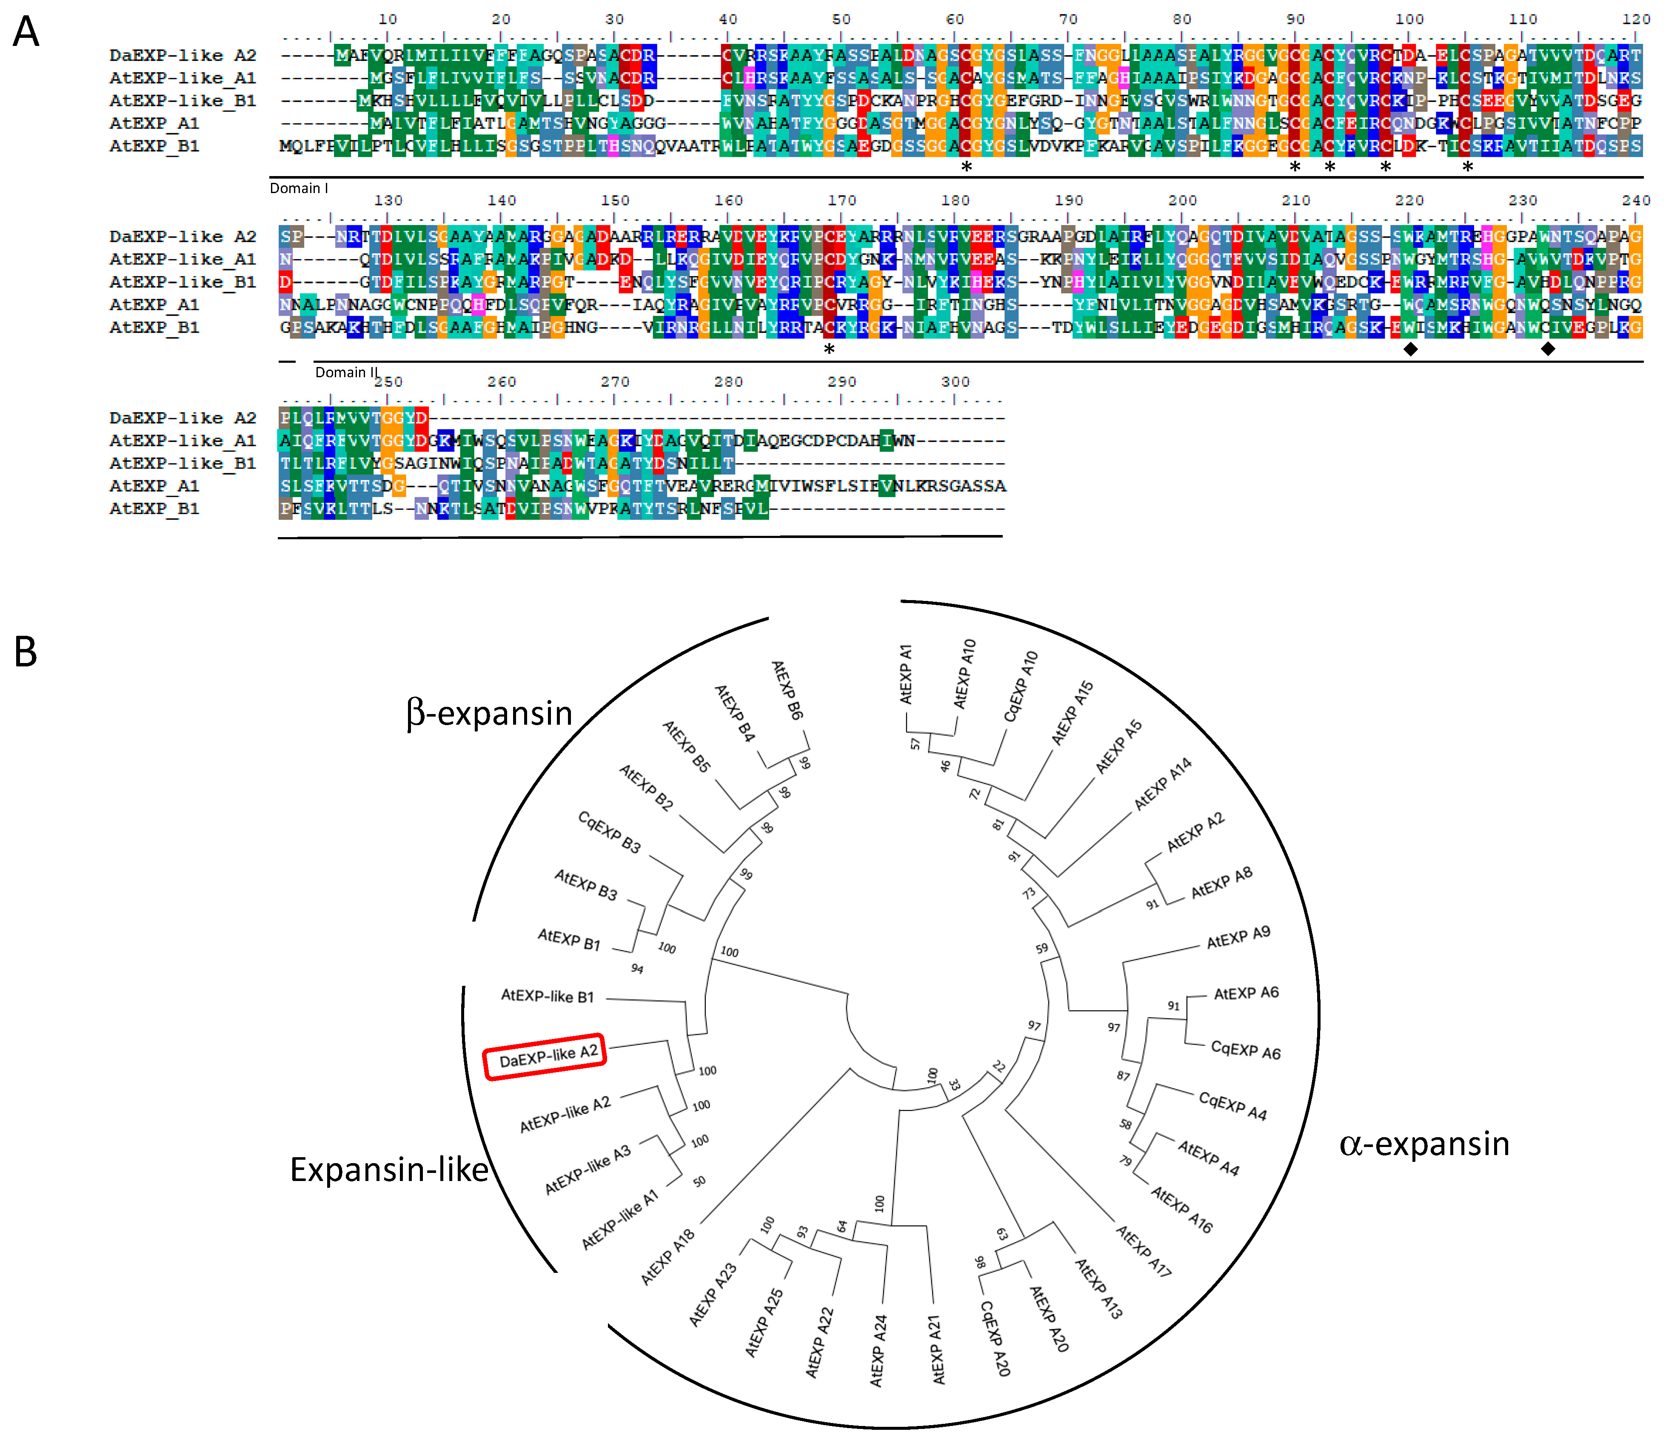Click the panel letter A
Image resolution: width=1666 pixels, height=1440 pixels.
(x=26, y=33)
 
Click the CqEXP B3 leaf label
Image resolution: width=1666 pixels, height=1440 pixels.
(x=610, y=832)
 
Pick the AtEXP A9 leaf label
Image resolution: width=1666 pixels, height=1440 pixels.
(x=1238, y=937)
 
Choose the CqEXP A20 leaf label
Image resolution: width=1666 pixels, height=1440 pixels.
(x=995, y=1338)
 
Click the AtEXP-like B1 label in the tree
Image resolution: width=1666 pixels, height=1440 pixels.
(x=548, y=996)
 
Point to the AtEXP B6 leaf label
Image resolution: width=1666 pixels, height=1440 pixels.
(x=787, y=689)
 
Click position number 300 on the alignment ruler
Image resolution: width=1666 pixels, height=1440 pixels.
(x=955, y=382)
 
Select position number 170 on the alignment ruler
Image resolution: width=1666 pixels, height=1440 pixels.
(x=842, y=200)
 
